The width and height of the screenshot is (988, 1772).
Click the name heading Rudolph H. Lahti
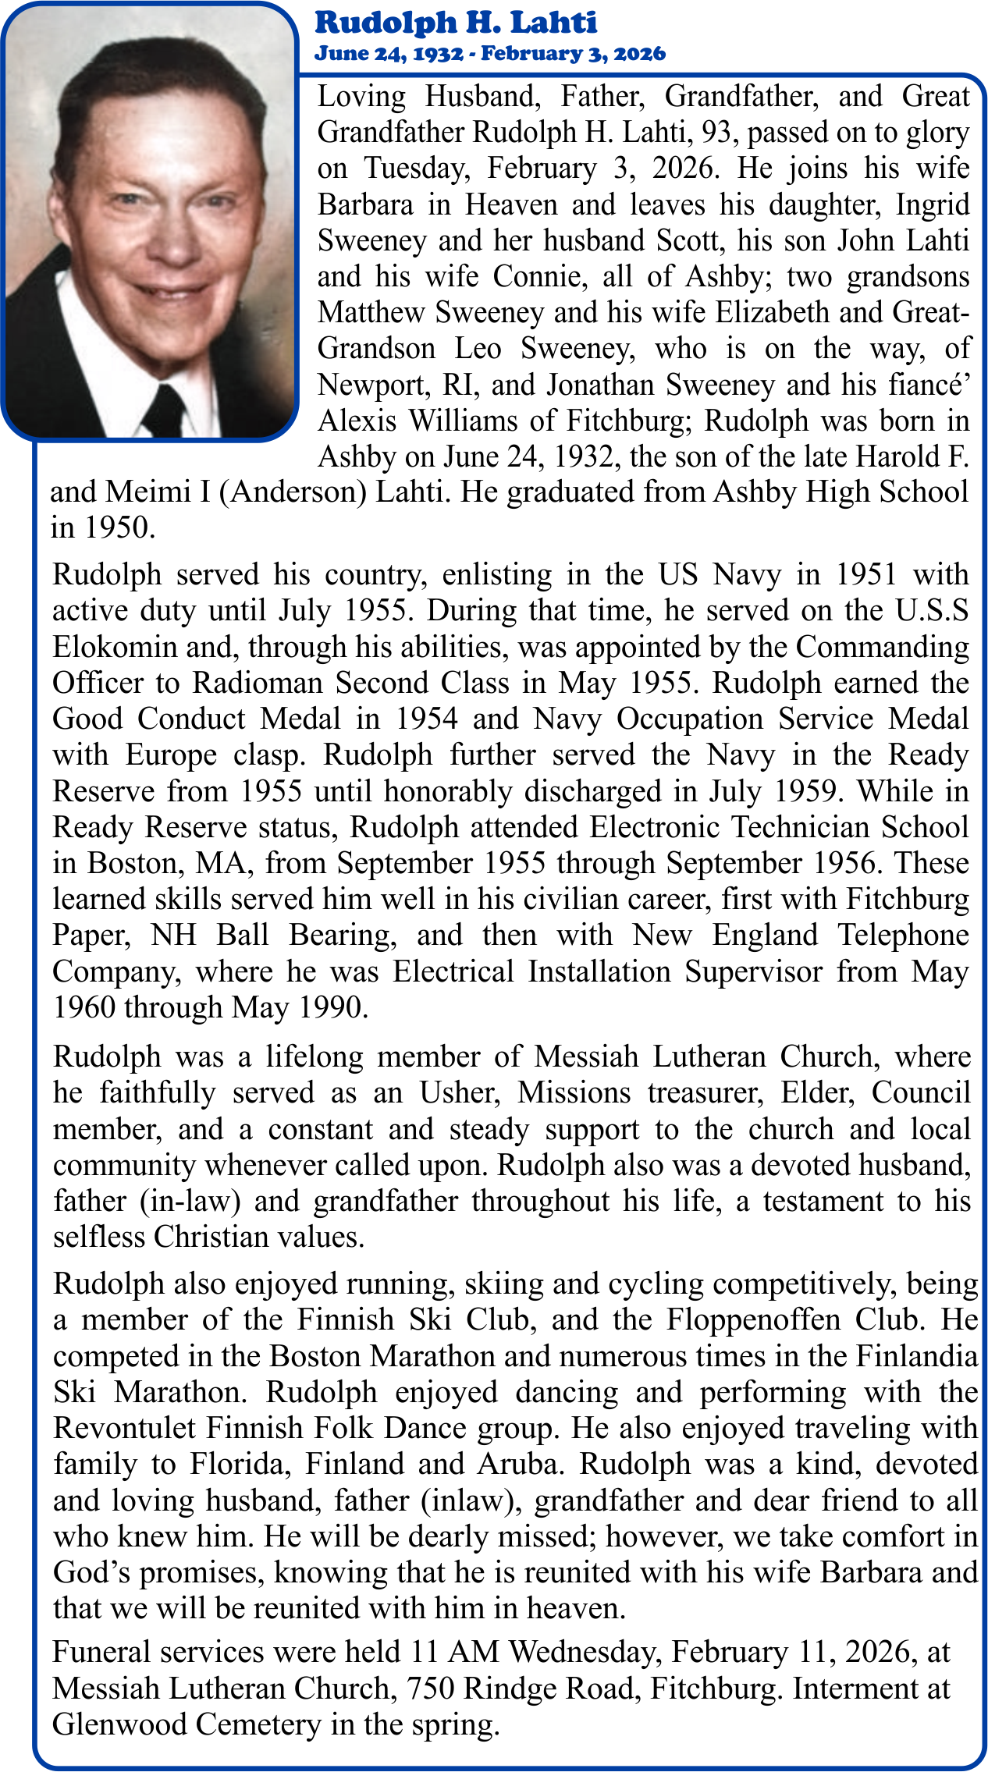(x=456, y=23)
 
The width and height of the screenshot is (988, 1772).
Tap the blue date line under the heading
(x=490, y=54)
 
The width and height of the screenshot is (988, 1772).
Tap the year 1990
(x=332, y=1007)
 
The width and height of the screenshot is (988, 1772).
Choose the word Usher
(x=458, y=1093)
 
